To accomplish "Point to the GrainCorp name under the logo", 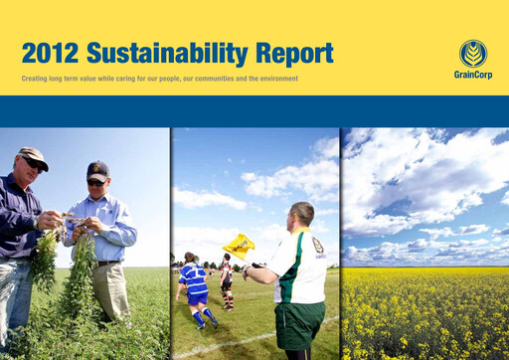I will point(472,75).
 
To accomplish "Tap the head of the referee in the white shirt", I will point(301,214).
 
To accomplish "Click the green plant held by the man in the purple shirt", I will point(45,259).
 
